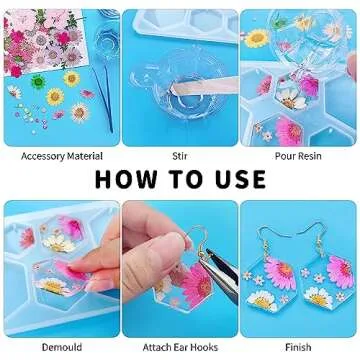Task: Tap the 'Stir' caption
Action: click(180, 156)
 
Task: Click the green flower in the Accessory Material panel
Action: click(38, 82)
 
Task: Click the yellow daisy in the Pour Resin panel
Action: click(258, 39)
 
